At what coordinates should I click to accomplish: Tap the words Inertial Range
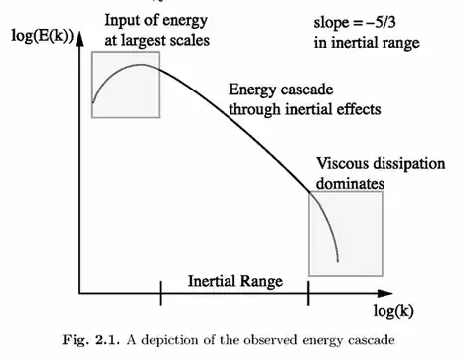234,281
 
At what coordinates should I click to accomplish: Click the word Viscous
339,163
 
